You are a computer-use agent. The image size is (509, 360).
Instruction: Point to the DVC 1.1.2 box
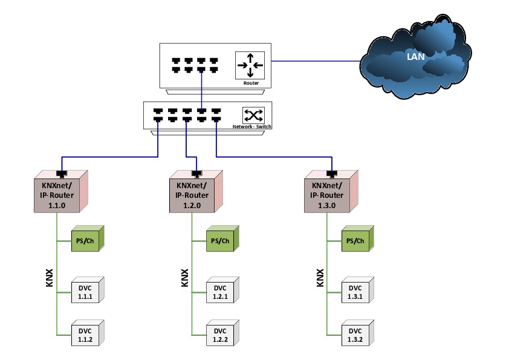point(85,334)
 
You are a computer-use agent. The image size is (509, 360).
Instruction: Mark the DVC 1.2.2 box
point(220,334)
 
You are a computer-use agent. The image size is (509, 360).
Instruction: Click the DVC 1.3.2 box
point(355,334)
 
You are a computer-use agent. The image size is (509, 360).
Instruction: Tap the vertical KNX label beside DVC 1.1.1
point(50,277)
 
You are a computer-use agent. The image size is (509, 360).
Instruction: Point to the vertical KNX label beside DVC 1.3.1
point(320,277)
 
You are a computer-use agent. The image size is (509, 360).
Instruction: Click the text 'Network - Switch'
point(251,126)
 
